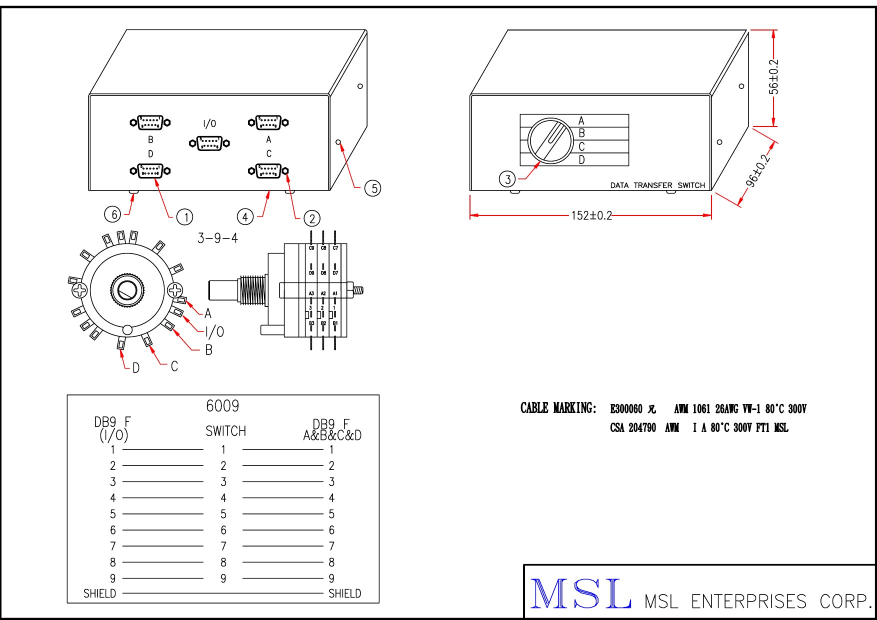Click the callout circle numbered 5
[x=373, y=188]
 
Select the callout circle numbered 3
[x=507, y=179]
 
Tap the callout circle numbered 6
[x=113, y=214]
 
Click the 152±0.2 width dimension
[x=591, y=215]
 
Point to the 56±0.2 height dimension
[x=773, y=76]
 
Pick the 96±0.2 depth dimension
[x=758, y=171]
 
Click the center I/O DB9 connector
[x=209, y=143]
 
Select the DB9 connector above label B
[x=150, y=122]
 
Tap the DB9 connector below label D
[x=150, y=171]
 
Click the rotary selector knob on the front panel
[x=550, y=140]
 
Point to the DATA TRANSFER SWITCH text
[x=657, y=185]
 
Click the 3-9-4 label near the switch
[x=217, y=238]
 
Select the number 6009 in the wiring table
[x=222, y=406]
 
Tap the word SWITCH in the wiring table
[x=226, y=431]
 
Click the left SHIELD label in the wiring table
[x=99, y=593]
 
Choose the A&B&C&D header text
[x=332, y=435]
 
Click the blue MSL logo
[x=580, y=594]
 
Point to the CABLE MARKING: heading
[x=558, y=408]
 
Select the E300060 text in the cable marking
[x=626, y=409]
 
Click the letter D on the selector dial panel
[x=581, y=160]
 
